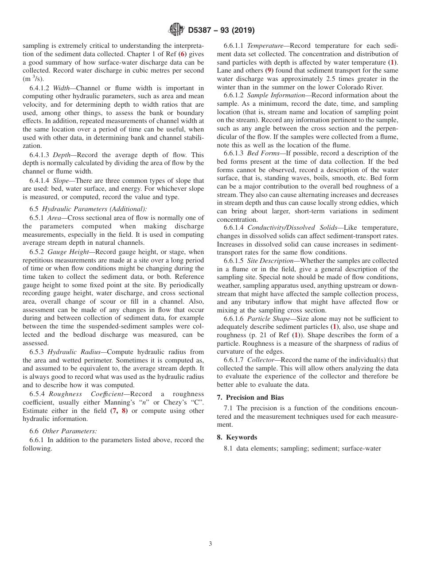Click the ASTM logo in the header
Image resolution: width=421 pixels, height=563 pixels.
176,30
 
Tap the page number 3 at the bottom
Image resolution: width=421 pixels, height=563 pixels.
210,544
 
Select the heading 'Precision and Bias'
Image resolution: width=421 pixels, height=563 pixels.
254,397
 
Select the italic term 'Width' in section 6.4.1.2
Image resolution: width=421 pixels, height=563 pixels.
61,88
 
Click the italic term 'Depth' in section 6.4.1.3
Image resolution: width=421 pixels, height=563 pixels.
62,155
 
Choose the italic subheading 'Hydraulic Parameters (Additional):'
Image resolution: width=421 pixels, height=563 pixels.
94,209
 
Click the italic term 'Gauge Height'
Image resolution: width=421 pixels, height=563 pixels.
68,251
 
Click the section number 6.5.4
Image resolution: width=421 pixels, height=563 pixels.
37,394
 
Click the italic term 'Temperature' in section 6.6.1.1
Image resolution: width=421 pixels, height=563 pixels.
265,46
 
